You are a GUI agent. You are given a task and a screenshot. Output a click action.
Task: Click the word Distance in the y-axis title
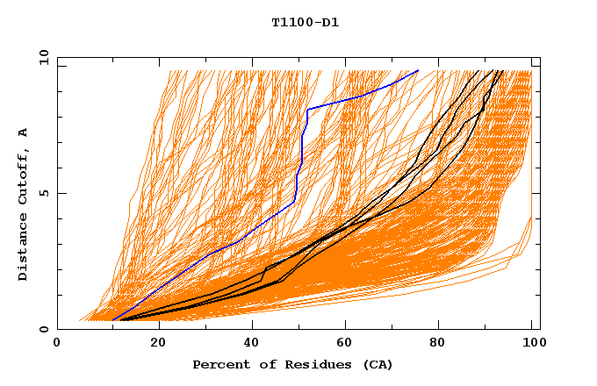click(23, 251)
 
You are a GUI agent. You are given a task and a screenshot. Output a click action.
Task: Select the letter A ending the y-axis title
click(23, 132)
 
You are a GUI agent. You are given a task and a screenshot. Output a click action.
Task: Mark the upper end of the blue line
click(418, 70)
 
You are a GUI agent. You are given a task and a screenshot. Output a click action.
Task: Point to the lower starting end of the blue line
click(112, 320)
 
